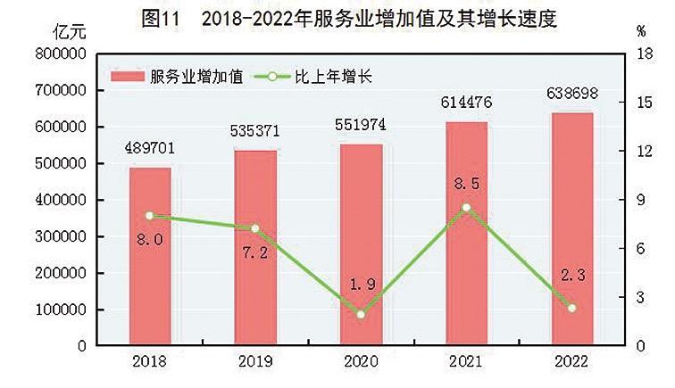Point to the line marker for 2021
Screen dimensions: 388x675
466,208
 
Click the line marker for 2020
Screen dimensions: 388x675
361,314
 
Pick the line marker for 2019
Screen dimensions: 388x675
254,228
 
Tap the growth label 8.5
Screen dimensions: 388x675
466,185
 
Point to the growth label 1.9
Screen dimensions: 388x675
361,285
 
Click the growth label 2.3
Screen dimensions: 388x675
571,277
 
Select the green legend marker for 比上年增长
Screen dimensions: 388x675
272,77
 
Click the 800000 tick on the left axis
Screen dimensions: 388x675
61,54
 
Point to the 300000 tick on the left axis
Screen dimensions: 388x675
61,236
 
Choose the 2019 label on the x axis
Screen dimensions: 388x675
254,361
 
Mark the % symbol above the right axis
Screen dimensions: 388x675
641,31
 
